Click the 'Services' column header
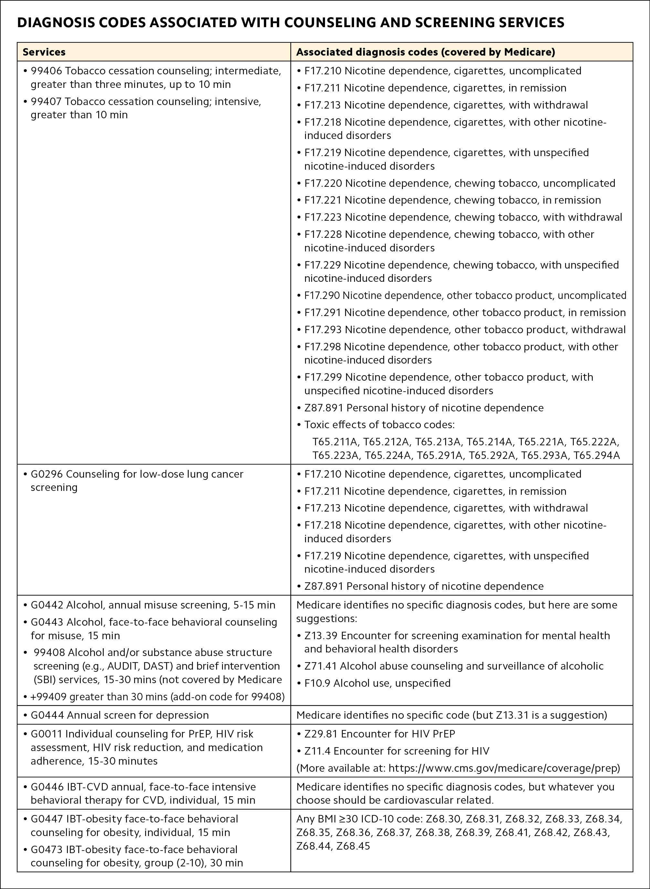click(44, 52)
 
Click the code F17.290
click(322, 295)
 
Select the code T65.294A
click(596, 455)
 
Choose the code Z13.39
click(321, 636)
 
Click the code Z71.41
click(320, 666)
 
